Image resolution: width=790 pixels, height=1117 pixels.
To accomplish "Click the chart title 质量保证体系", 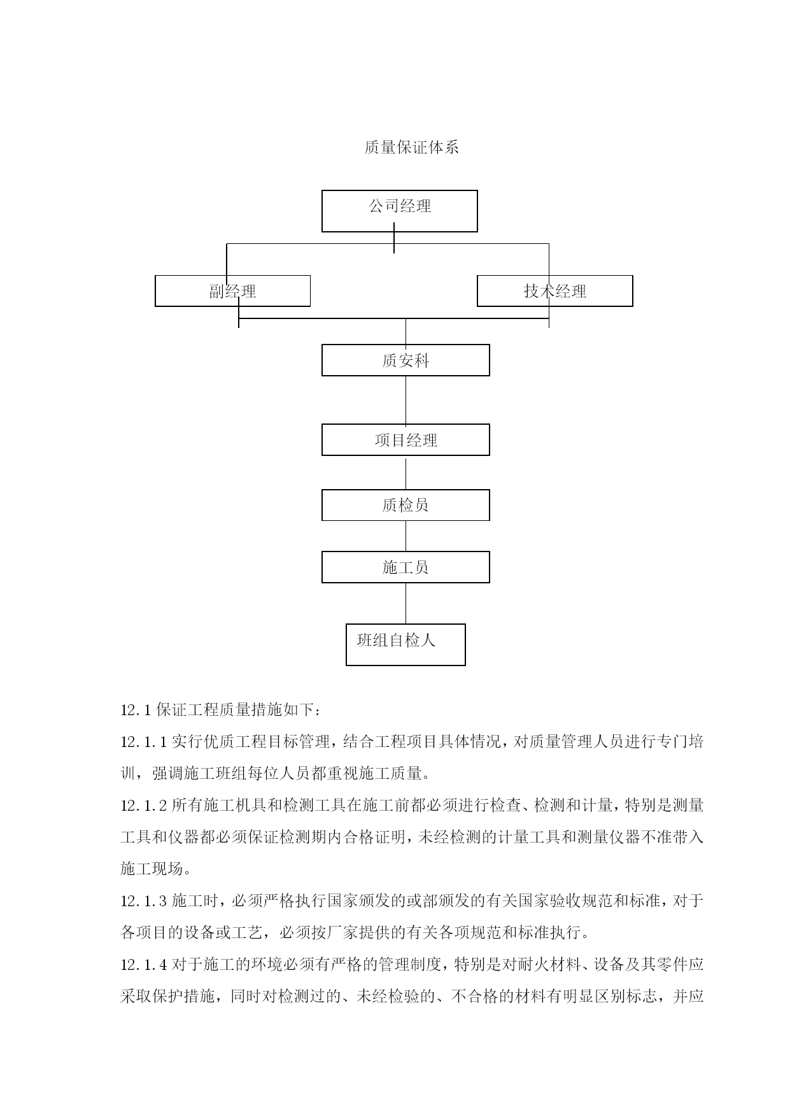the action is point(411,148).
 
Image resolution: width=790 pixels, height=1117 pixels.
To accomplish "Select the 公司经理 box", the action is point(400,211).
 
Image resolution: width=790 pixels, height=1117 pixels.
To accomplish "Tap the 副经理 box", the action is point(233,291).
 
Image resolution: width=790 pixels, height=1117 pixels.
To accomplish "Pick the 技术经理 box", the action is point(555,291).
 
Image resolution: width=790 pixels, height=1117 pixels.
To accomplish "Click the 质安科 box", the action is point(406,360).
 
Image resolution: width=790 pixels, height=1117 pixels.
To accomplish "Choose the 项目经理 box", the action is point(406,440).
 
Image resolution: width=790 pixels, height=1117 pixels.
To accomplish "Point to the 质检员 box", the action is point(406,505).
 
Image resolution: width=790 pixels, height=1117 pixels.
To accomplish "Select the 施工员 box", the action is point(406,567).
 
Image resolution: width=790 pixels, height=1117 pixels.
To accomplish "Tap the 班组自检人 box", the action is point(406,644).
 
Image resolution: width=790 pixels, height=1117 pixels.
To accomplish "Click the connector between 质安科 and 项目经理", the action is point(406,400).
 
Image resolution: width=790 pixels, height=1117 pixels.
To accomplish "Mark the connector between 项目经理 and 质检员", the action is point(406,473).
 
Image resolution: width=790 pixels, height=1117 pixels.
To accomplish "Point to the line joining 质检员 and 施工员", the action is point(406,536).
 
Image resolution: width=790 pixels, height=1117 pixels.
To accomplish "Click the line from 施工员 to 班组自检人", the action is point(406,603).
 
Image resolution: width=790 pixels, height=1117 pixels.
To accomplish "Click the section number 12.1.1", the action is point(144,742).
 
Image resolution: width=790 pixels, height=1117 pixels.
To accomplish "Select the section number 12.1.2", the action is point(144,806).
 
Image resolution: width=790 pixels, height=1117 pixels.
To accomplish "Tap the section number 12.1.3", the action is point(144,901).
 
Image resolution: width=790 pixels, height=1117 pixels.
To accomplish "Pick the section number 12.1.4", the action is point(144,965).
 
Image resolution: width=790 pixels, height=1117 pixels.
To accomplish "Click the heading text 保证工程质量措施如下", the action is point(234,709).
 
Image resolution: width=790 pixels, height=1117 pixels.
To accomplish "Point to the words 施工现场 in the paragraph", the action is point(152,869).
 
